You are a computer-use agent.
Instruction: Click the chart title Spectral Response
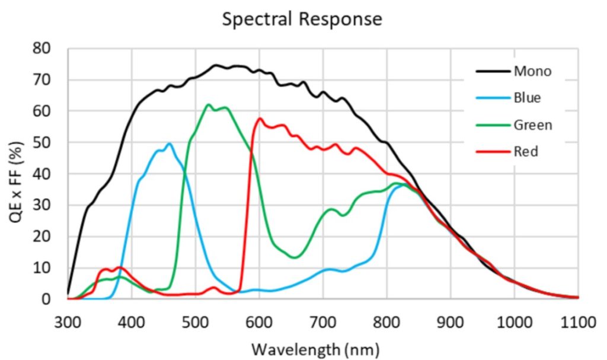302,19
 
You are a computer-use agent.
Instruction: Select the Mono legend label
532,71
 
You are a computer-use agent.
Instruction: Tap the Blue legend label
527,98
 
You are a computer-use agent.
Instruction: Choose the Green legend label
533,125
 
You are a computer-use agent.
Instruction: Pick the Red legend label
526,151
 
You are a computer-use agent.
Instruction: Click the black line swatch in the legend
493,71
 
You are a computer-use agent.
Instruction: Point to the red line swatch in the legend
493,151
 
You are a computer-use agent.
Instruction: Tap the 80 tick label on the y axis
43,49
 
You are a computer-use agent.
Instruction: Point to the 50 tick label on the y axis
43,143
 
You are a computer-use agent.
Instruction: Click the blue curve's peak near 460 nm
170,143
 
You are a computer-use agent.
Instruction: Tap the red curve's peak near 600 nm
260,118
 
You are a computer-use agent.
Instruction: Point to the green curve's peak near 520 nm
208,104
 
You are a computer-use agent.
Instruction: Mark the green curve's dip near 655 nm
295,257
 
